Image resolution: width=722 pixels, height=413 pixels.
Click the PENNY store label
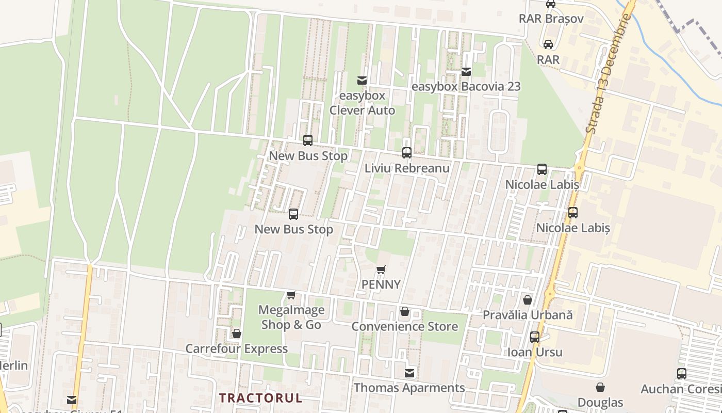tap(381, 284)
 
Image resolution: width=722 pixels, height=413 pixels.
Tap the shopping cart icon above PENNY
tap(381, 269)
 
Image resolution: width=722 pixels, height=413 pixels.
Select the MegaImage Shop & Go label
tap(291, 317)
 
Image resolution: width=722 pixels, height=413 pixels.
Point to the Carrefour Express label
tap(237, 348)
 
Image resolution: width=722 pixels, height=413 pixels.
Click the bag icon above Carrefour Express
tap(237, 333)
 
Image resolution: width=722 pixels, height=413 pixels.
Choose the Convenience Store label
tap(405, 326)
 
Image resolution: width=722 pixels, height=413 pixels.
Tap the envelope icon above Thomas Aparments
tap(409, 373)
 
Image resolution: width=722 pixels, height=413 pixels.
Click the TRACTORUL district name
tap(260, 398)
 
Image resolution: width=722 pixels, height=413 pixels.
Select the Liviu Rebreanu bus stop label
tap(407, 168)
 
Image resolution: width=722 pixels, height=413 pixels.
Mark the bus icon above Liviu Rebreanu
tap(407, 153)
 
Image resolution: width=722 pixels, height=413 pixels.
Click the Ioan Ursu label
tap(535, 352)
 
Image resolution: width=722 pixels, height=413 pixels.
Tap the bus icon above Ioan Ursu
tap(535, 337)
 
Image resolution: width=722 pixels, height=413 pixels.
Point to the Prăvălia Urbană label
tap(528, 314)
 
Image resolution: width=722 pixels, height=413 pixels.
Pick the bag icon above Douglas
tap(600, 387)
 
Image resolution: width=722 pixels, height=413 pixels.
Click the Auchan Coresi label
tap(681, 389)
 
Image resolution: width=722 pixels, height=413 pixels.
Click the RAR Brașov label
tap(551, 19)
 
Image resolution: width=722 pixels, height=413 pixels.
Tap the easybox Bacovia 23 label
tap(466, 87)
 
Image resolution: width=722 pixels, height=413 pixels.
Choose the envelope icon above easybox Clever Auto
tap(362, 81)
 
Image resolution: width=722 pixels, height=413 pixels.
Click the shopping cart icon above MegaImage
tap(291, 295)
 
